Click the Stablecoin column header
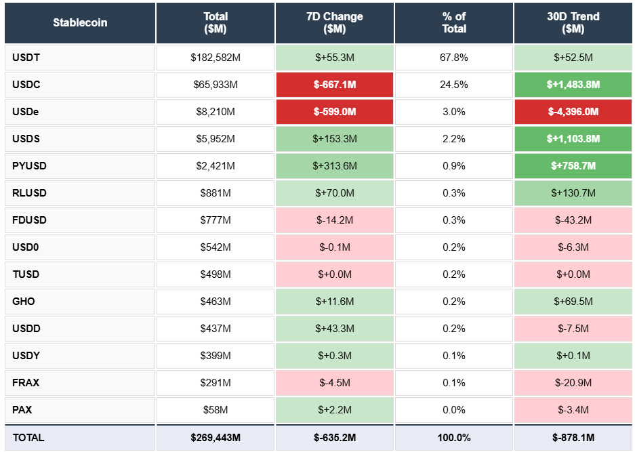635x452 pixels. [80, 22]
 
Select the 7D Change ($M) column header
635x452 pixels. [335, 22]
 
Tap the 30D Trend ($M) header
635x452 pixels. [573, 22]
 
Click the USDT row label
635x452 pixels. [26, 58]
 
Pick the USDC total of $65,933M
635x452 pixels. [216, 85]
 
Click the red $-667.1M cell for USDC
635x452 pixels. [335, 85]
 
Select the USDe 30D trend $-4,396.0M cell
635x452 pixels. [573, 112]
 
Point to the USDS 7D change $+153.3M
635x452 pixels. [335, 139]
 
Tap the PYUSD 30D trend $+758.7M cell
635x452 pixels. [573, 166]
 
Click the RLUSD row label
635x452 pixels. [29, 193]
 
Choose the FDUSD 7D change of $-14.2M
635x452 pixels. [335, 220]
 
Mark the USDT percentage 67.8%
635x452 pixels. [454, 58]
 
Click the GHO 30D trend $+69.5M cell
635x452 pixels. [573, 302]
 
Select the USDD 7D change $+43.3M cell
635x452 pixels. [335, 329]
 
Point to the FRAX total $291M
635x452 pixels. [216, 383]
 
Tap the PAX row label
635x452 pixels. [22, 410]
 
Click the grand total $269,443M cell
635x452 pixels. [216, 438]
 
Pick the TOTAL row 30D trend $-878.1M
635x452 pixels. [573, 438]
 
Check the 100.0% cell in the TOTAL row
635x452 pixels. [454, 438]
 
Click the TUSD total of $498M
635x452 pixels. [216, 274]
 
